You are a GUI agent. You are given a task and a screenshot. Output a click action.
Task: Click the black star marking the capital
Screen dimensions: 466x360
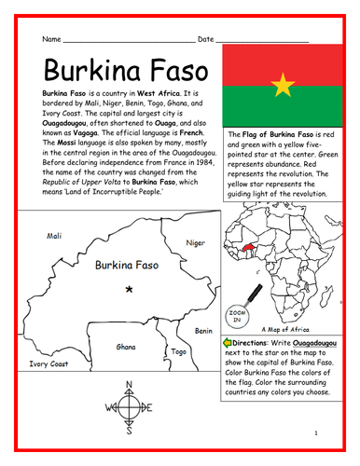[x=129, y=290]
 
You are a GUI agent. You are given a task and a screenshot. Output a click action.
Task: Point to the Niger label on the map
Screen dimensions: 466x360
[x=195, y=242]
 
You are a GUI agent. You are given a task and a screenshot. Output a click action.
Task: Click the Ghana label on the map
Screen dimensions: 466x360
[x=125, y=346]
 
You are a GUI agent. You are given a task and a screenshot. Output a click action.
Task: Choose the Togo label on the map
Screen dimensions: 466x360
[x=179, y=352]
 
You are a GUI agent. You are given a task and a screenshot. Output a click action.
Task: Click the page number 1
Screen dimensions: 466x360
[x=316, y=434]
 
